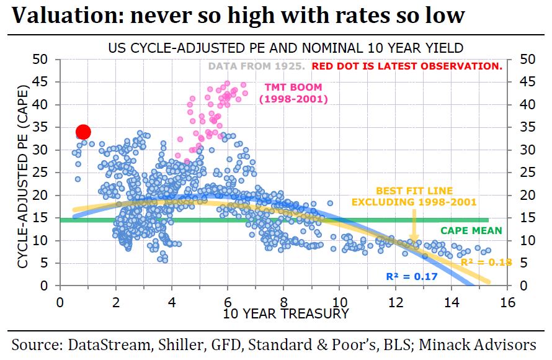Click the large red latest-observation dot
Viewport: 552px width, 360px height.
pyautogui.click(x=83, y=132)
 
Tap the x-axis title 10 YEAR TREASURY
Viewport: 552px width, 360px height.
pyautogui.click(x=286, y=313)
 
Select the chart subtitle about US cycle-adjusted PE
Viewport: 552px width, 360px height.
pyautogui.click(x=286, y=48)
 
